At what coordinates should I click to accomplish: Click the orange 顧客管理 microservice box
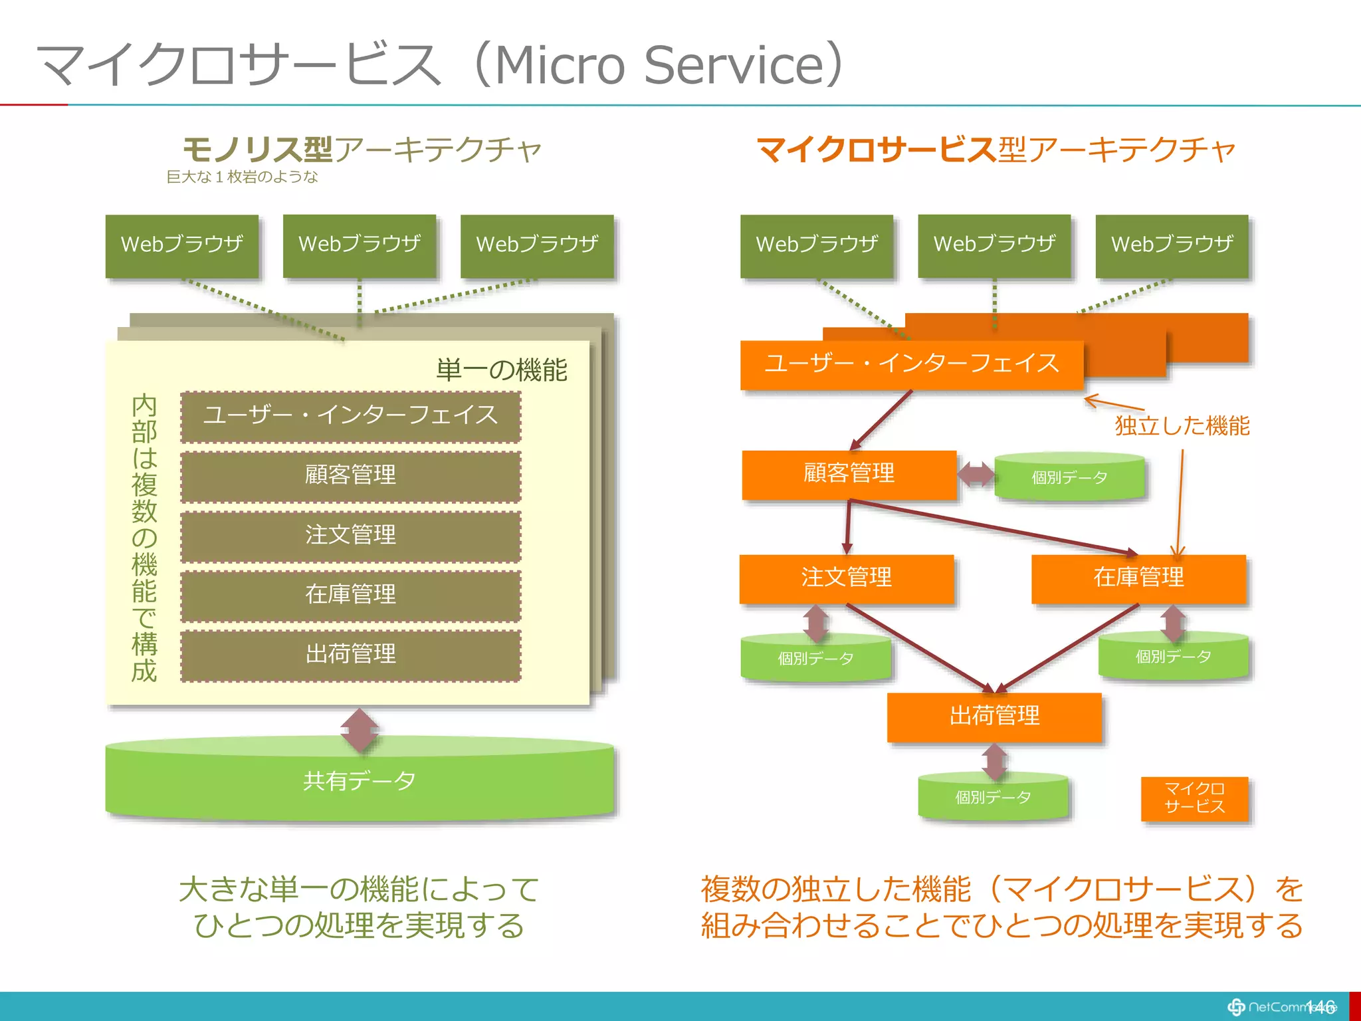pyautogui.click(x=849, y=474)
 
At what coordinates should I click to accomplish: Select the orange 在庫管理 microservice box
pyautogui.click(x=1138, y=578)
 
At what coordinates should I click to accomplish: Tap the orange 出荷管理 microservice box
pyautogui.click(x=994, y=717)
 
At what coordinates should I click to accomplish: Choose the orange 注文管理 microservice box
pyautogui.click(x=846, y=578)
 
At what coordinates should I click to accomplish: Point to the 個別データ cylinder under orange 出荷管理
pyautogui.click(x=993, y=798)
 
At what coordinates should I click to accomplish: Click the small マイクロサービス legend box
pyautogui.click(x=1194, y=798)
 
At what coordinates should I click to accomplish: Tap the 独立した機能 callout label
pyautogui.click(x=1182, y=426)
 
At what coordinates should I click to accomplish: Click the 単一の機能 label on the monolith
pyautogui.click(x=501, y=370)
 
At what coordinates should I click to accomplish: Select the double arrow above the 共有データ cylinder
pyautogui.click(x=360, y=731)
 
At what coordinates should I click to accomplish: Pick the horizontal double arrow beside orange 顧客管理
pyautogui.click(x=976, y=475)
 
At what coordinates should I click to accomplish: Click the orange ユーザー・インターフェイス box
pyautogui.click(x=911, y=364)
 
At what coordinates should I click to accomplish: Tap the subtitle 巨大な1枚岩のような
pyautogui.click(x=242, y=177)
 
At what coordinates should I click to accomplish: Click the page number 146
pyautogui.click(x=1320, y=1007)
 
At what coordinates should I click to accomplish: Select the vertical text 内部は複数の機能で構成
pyautogui.click(x=144, y=538)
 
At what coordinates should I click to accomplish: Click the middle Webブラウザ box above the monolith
pyautogui.click(x=360, y=245)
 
